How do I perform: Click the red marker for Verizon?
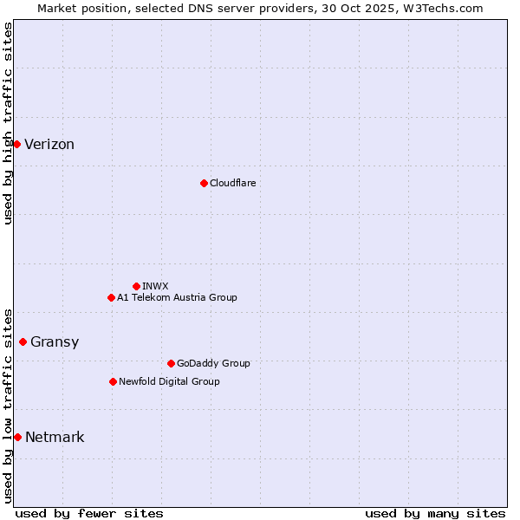tap(16, 144)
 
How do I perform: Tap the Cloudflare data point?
tap(204, 183)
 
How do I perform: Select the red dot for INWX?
tap(136, 286)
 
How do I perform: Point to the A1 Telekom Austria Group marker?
tap(111, 297)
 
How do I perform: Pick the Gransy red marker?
tap(23, 341)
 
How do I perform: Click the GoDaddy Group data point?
tap(171, 363)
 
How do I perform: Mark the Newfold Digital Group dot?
tap(113, 381)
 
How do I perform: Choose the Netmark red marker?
tap(17, 437)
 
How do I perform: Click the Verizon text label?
tap(49, 145)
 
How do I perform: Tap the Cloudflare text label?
tap(232, 183)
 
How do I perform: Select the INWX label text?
tap(155, 286)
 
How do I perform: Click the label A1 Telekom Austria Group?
tap(177, 297)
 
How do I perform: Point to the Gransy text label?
tap(55, 342)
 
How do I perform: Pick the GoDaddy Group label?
tap(213, 363)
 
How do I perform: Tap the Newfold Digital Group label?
tap(169, 381)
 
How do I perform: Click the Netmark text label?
tap(55, 438)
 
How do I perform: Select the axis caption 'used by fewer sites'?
tap(89, 513)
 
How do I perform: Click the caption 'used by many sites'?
tap(435, 513)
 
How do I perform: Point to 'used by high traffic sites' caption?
tap(8, 123)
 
